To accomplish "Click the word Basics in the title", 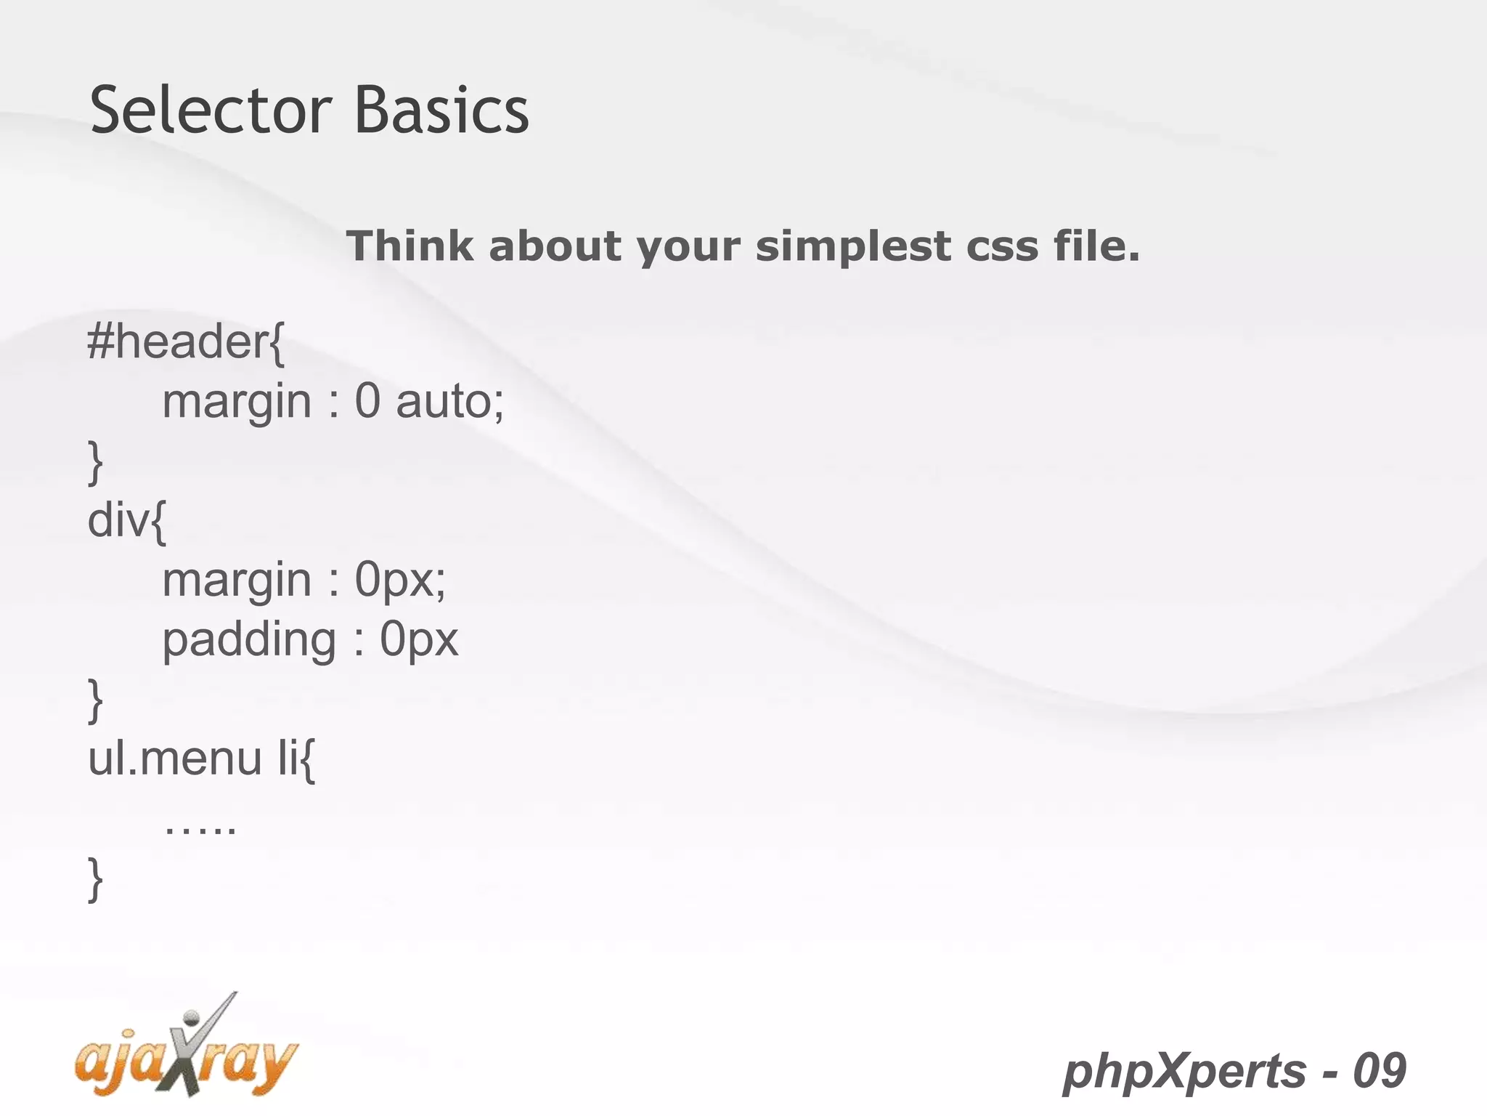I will coord(441,110).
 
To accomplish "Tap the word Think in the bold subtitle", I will coord(410,246).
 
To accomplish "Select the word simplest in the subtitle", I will coord(852,247).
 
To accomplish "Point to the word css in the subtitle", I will coord(1002,247).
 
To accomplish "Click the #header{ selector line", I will coord(186,341).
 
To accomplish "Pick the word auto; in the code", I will coord(449,401).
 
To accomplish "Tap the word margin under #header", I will coord(237,403).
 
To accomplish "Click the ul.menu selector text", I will coord(174,759).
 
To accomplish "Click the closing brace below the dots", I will coord(95,879).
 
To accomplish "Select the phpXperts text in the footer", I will coord(1184,1071).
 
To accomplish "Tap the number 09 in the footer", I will coord(1379,1071).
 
